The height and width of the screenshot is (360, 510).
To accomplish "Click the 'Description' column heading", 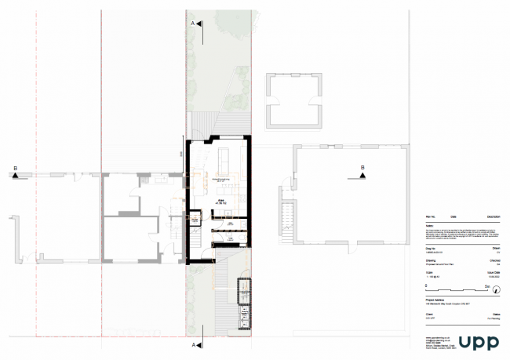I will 494,216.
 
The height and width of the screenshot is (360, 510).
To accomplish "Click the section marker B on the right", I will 362,171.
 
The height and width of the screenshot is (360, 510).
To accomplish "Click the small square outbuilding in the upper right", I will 293,100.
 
